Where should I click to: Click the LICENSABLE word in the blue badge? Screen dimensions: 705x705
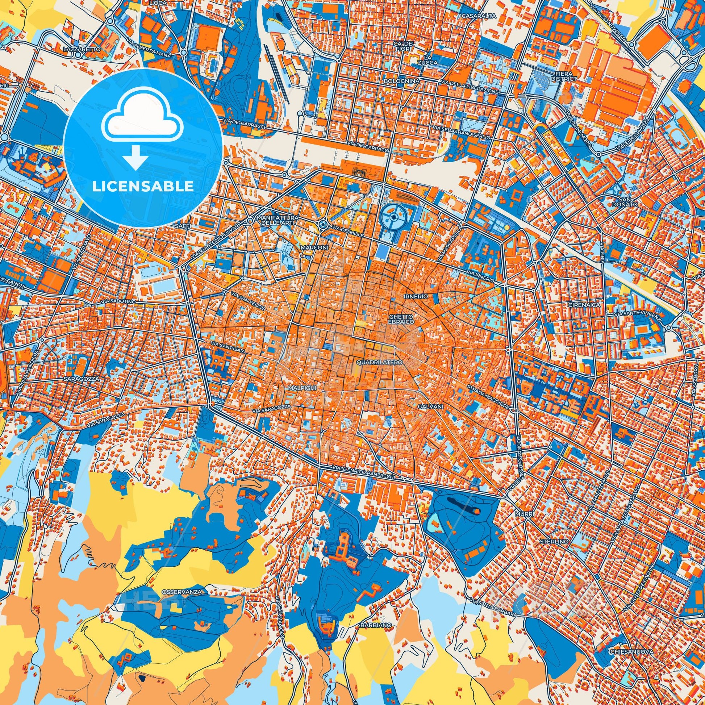tap(143, 187)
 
